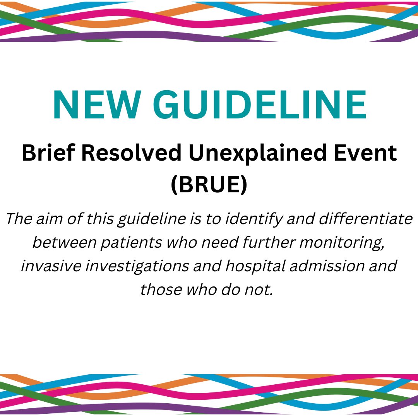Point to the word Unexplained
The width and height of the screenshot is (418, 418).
pyautogui.click(x=259, y=154)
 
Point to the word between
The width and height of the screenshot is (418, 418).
pyautogui.click(x=58, y=243)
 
